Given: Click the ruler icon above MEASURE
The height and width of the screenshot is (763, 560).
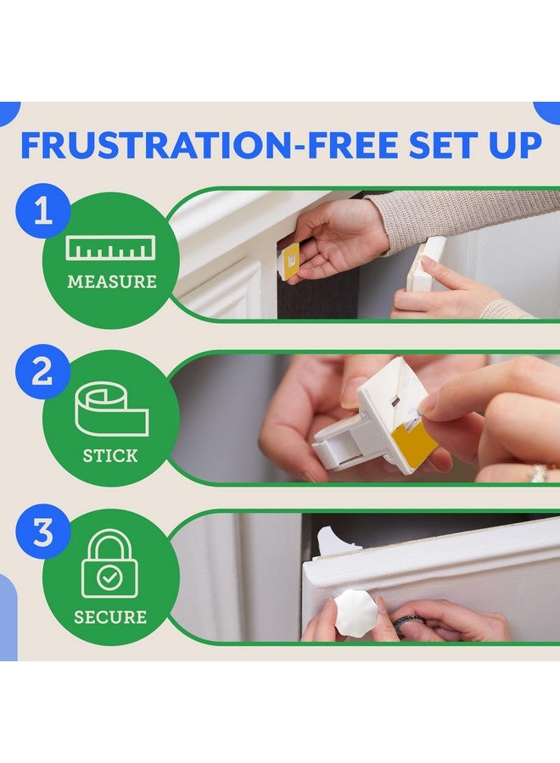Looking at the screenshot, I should point(111,248).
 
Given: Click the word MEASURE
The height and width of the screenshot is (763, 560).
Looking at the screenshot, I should point(111,281).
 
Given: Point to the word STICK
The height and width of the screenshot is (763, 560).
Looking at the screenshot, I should point(110,456).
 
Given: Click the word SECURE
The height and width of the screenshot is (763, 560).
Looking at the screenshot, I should point(110,616).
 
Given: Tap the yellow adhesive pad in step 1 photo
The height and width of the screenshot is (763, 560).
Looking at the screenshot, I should point(291,261).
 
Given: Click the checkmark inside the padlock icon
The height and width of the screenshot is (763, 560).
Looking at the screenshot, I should point(110,578).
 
